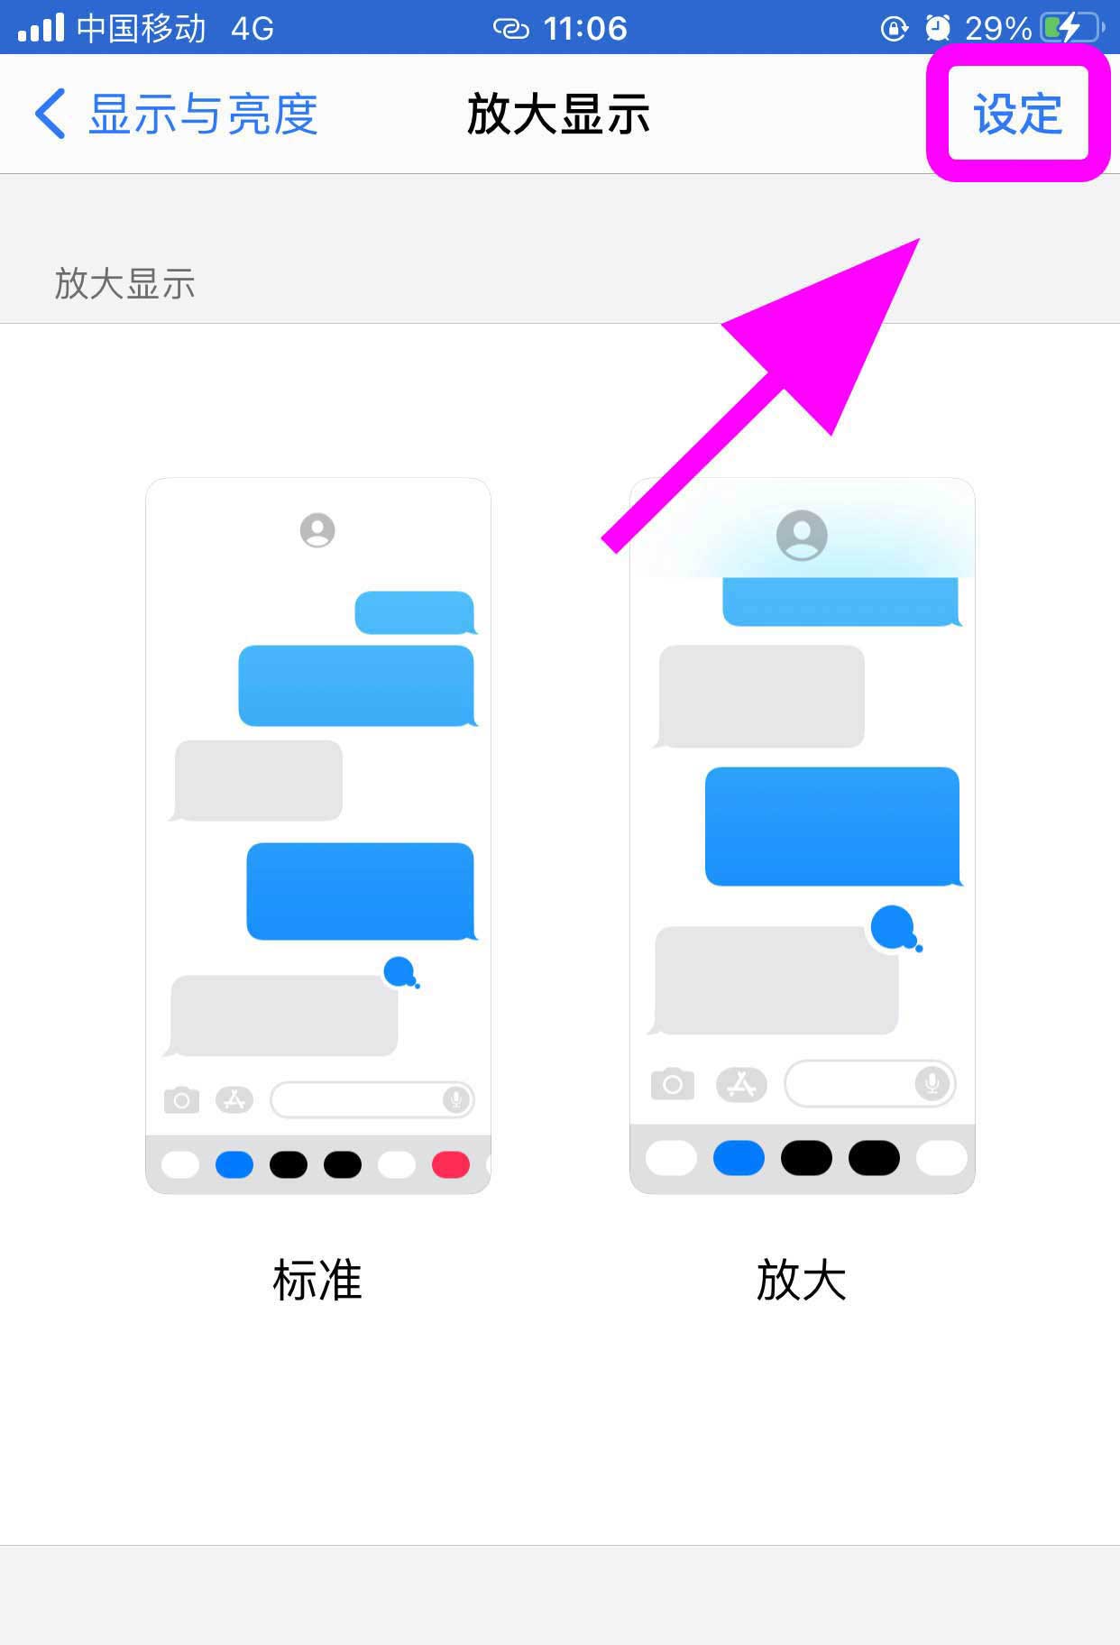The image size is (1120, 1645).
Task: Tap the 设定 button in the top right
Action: [x=1018, y=114]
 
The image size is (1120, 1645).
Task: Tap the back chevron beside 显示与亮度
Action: [x=50, y=114]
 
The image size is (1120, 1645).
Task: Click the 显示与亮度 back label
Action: [x=203, y=115]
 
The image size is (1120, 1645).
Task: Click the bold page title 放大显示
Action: [x=559, y=115]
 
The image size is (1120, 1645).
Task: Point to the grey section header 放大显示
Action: [x=125, y=283]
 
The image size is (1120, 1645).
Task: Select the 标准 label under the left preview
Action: [x=317, y=1280]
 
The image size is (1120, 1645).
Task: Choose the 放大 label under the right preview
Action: [x=801, y=1280]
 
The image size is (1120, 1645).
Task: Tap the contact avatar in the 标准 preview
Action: [x=317, y=530]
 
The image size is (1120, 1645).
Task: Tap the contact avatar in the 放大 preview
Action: [x=802, y=536]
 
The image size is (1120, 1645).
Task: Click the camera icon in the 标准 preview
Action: [x=181, y=1100]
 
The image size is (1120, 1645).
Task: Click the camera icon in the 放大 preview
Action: [x=673, y=1084]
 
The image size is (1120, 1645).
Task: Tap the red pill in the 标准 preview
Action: [x=451, y=1164]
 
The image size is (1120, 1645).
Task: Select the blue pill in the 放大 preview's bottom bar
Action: [x=739, y=1158]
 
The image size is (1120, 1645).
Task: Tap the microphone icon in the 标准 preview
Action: [x=456, y=1099]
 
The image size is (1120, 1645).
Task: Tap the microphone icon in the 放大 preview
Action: [x=932, y=1082]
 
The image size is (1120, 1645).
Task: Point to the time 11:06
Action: [x=585, y=29]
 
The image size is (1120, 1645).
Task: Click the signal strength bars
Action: [x=41, y=28]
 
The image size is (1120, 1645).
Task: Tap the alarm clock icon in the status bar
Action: [x=938, y=29]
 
